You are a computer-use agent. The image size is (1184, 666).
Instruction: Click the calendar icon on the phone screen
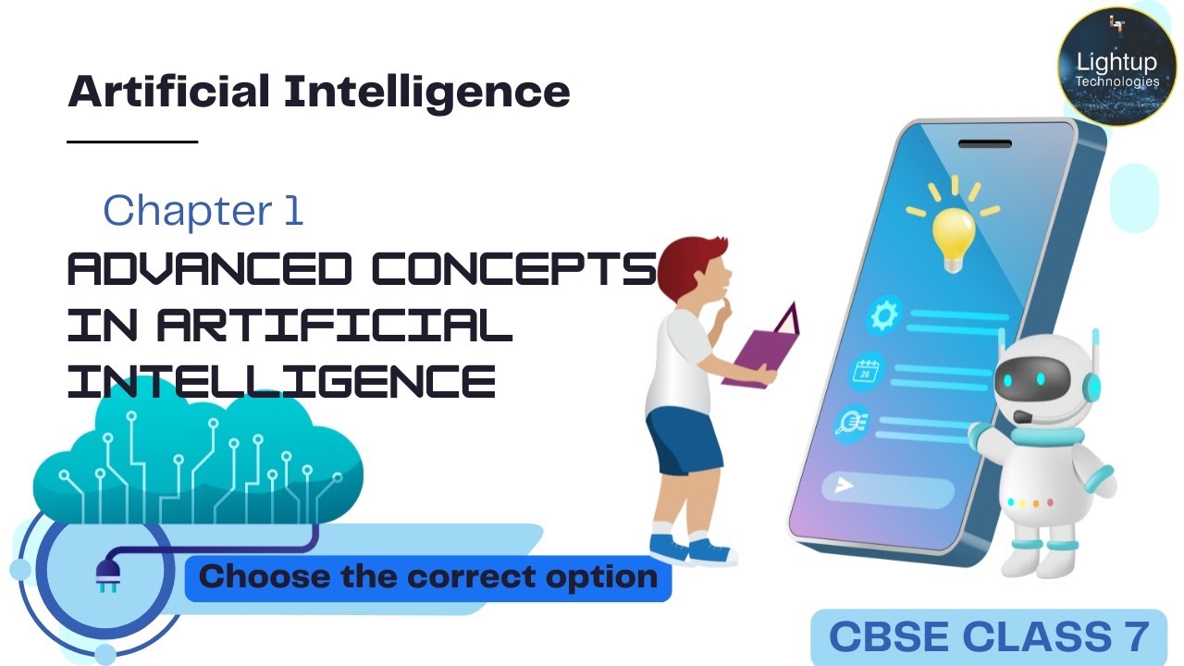click(868, 372)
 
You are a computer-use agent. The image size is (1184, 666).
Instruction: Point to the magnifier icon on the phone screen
click(849, 422)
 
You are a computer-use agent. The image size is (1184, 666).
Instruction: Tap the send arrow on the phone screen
click(845, 485)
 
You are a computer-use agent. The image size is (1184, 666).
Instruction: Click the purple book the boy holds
click(764, 348)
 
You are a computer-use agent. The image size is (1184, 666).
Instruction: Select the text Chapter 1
click(203, 211)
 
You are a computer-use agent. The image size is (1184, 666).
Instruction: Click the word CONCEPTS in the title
click(513, 269)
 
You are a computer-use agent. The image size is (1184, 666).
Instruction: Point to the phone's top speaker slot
click(984, 144)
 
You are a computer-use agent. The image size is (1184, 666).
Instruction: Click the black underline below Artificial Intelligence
click(133, 142)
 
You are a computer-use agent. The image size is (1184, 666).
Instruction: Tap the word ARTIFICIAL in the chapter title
click(334, 326)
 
